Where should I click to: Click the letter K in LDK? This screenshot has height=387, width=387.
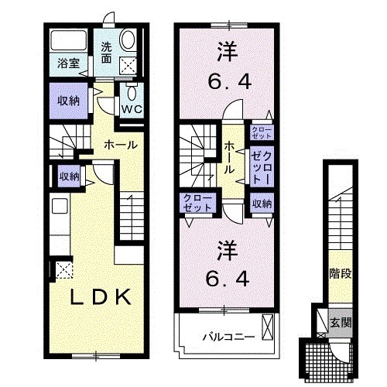click(126, 296)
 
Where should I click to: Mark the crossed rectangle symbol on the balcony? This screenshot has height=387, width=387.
click(269, 327)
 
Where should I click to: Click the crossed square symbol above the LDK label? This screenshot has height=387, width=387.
click(61, 270)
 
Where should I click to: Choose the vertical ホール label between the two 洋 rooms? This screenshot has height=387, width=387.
click(231, 157)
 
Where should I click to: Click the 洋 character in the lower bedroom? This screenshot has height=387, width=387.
click(224, 251)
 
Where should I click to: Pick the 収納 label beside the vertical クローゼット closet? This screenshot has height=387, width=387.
click(261, 204)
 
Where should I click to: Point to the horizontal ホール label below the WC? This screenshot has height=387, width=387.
click(122, 145)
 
